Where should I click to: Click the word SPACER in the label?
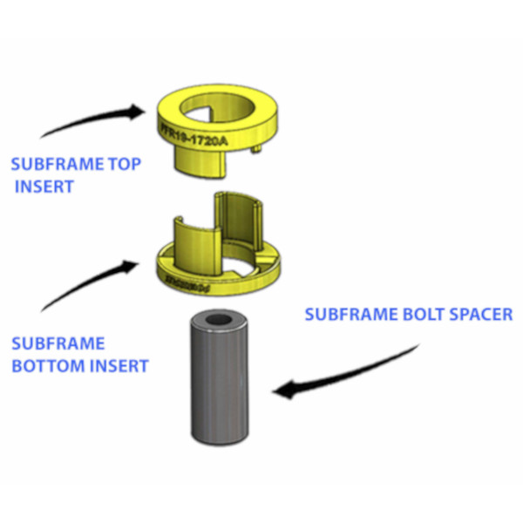476,314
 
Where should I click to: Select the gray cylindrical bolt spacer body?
217,384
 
